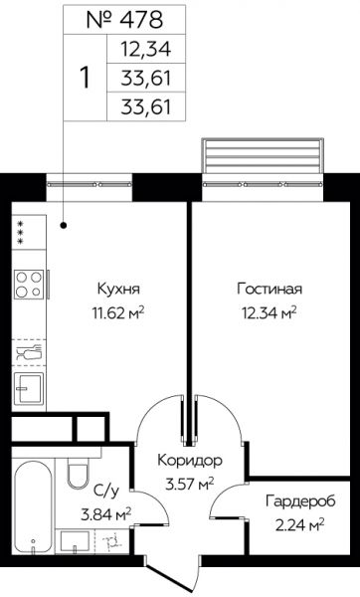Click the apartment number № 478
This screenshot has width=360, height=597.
[124, 20]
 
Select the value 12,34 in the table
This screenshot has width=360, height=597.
[146, 49]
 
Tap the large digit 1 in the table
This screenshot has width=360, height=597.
[86, 78]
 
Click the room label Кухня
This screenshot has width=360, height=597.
[118, 289]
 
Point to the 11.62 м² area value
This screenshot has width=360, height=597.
[118, 313]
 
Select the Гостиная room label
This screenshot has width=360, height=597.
[270, 289]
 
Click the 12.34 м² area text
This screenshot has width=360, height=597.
[270, 313]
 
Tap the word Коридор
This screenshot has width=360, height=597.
[190, 461]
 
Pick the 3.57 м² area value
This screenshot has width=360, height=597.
[190, 485]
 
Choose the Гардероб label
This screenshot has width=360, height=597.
[300, 501]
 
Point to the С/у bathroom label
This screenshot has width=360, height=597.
[106, 492]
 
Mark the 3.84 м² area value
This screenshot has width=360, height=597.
[105, 515]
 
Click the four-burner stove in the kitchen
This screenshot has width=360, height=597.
[29, 284]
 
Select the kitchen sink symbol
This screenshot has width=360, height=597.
[29, 388]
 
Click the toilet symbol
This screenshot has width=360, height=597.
[79, 473]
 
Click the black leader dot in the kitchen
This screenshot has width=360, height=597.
[64, 226]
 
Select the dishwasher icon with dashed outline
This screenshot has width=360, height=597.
[29, 352]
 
